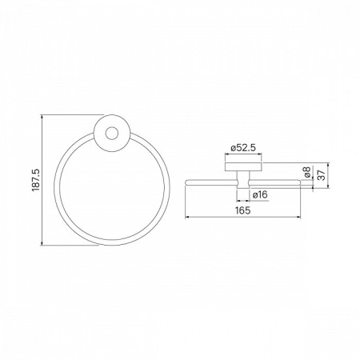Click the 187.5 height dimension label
click(x=36, y=180)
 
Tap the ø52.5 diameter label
click(x=243, y=148)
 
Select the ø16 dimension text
click(x=259, y=194)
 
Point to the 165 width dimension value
click(x=243, y=210)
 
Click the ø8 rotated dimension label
click(x=307, y=172)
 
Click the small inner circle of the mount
click(x=112, y=134)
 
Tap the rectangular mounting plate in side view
click(x=243, y=166)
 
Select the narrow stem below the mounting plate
click(x=243, y=179)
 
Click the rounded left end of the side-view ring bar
click(x=186, y=182)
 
